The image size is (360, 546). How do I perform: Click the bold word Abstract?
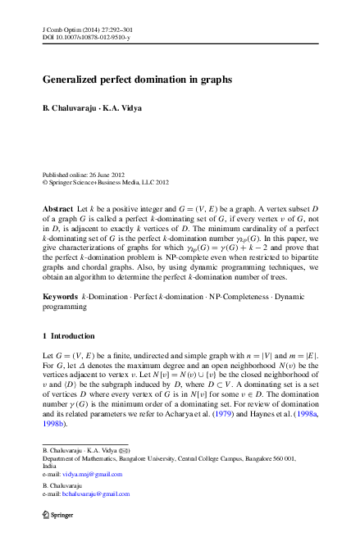57,210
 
